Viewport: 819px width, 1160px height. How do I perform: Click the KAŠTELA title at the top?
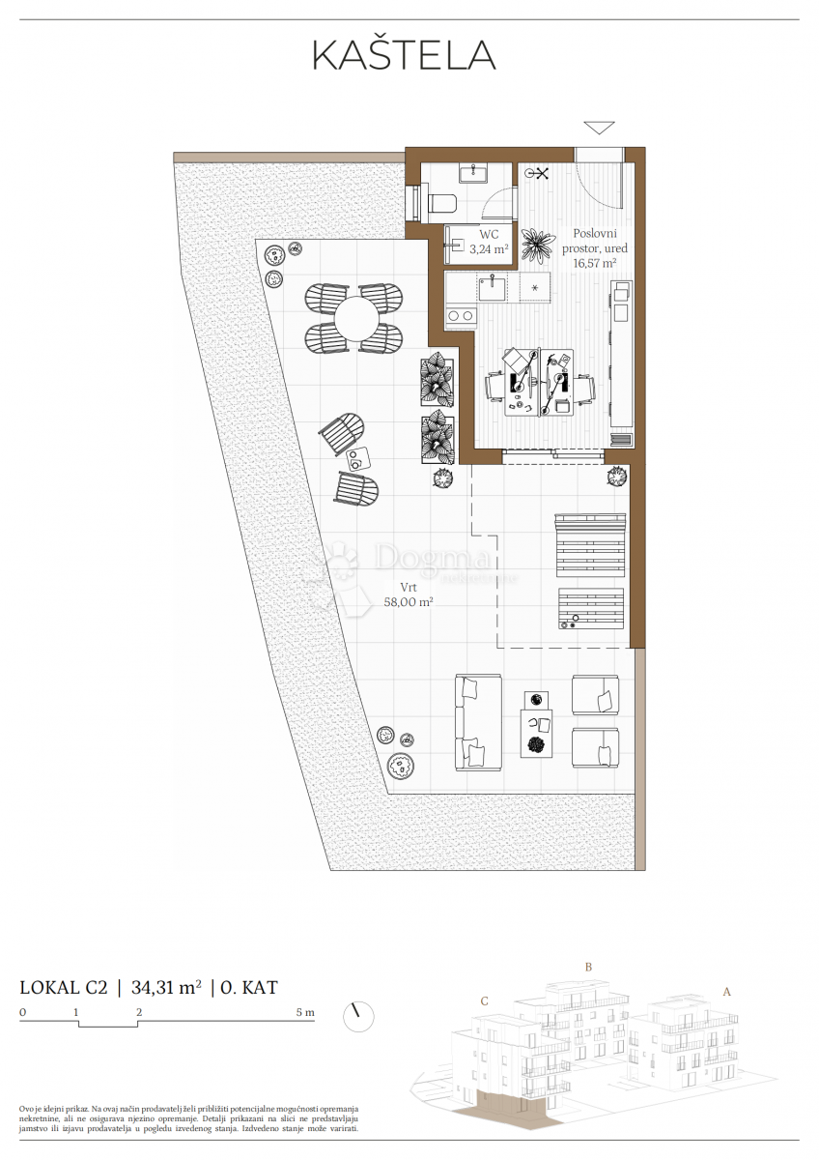[404, 56]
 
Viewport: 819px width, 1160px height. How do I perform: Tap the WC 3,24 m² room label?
[489, 242]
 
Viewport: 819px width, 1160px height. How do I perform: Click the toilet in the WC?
[439, 203]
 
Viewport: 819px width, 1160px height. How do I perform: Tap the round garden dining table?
[353, 316]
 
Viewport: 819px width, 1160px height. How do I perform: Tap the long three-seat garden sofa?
[478, 721]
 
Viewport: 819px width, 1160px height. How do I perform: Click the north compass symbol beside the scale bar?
[358, 1016]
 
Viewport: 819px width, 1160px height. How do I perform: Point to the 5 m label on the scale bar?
[304, 1013]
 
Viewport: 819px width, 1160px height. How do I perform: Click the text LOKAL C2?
[64, 987]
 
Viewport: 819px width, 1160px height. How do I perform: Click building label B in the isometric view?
[587, 967]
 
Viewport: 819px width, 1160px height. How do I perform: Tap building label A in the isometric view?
[726, 991]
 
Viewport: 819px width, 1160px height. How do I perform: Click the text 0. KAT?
[249, 987]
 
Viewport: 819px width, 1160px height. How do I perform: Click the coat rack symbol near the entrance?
[537, 173]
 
